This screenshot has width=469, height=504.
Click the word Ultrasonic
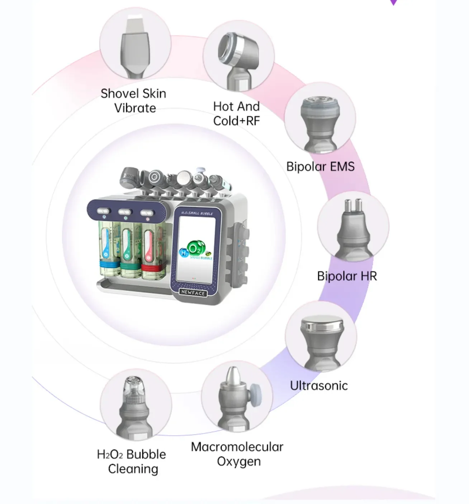pyautogui.click(x=319, y=386)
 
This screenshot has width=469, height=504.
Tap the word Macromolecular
pyautogui.click(x=237, y=447)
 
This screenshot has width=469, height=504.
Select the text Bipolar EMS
pyautogui.click(x=320, y=166)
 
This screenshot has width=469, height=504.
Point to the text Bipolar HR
pyautogui.click(x=347, y=276)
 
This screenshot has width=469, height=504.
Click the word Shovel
pyautogui.click(x=118, y=93)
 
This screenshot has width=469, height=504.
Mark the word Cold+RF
pyautogui.click(x=236, y=121)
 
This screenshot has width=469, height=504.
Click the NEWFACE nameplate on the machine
pyautogui.click(x=193, y=292)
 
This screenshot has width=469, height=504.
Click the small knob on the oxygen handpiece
pyautogui.click(x=256, y=390)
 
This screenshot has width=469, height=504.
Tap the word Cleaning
pyautogui.click(x=133, y=469)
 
